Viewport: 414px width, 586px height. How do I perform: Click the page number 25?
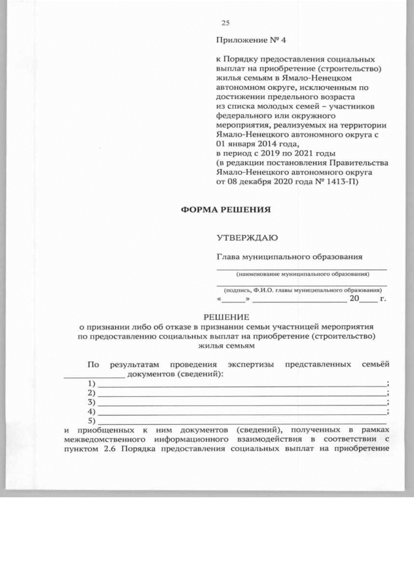pyautogui.click(x=226, y=23)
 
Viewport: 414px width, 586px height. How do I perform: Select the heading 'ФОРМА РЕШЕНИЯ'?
pyautogui.click(x=224, y=209)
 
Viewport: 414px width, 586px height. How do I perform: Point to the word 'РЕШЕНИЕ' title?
pyautogui.click(x=226, y=317)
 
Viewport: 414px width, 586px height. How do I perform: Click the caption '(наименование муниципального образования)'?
pyautogui.click(x=301, y=274)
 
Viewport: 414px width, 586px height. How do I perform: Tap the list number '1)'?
pyautogui.click(x=91, y=384)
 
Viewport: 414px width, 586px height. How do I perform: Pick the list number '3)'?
pyautogui.click(x=91, y=402)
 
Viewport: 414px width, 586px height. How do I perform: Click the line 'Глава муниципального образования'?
pyautogui.click(x=289, y=256)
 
